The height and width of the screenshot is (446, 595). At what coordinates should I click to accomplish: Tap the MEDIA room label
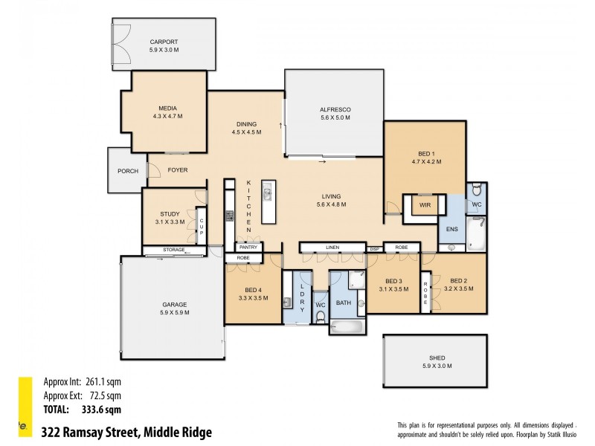click(x=167, y=108)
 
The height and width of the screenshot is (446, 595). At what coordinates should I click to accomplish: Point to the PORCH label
click(x=128, y=170)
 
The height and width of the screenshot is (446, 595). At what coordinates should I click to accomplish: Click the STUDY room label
click(x=170, y=213)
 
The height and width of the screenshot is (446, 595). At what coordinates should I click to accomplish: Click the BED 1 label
click(x=426, y=152)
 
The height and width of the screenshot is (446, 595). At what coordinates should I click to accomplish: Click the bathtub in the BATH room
click(x=347, y=326)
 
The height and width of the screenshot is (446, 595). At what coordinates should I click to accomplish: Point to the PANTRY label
click(x=248, y=247)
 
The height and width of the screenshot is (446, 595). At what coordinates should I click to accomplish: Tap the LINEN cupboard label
click(x=332, y=247)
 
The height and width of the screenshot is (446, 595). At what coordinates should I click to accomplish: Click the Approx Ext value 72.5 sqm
click(x=102, y=396)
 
